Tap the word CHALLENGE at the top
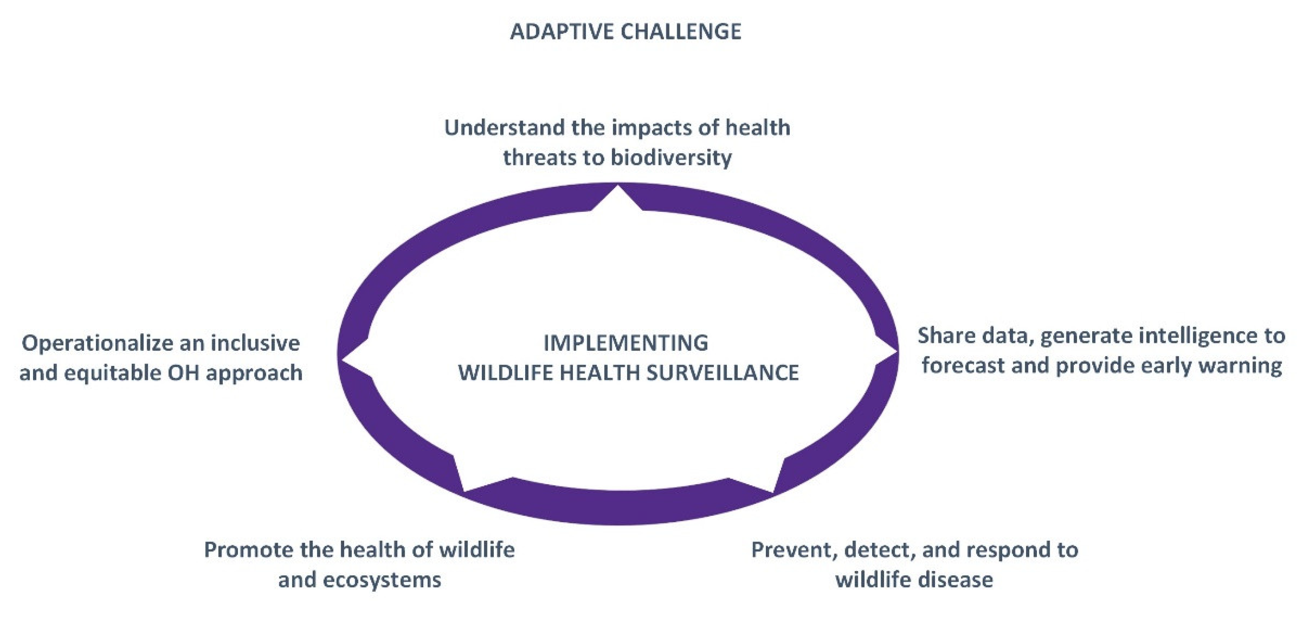[682, 31]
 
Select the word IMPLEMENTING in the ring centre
[626, 343]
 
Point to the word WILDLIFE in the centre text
[501, 373]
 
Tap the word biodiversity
[671, 158]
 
